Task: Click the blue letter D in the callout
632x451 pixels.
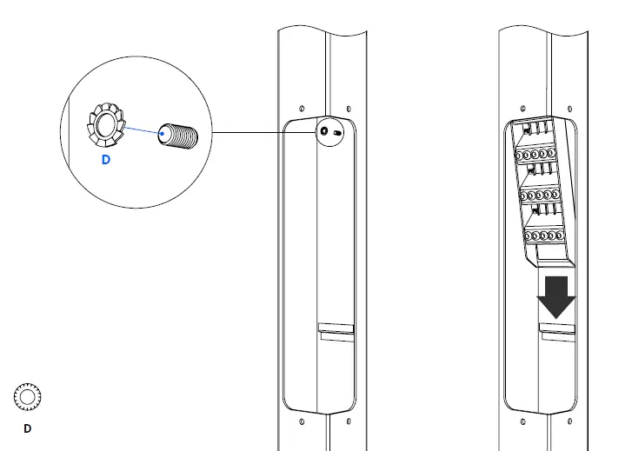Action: (x=105, y=160)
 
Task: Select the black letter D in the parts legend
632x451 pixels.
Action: (x=27, y=428)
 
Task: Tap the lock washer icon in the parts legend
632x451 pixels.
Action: (x=27, y=397)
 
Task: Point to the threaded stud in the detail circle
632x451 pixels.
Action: (x=179, y=137)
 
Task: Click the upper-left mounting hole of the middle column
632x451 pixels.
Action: (x=301, y=108)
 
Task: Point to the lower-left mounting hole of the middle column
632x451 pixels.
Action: (x=302, y=422)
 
